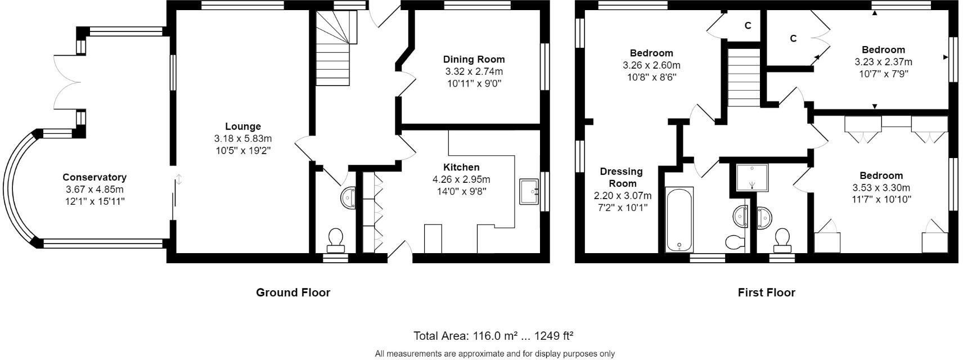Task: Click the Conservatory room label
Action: pos(94,177)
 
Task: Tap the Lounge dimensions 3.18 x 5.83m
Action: pos(242,138)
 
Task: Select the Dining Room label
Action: pos(474,59)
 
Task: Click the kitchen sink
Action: pos(529,191)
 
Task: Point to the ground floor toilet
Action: pos(336,240)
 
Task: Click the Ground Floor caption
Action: pos(293,292)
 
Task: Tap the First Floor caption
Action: pos(766,292)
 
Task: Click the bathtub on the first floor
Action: pos(679,219)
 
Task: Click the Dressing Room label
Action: pos(622,177)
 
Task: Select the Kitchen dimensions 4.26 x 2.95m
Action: pos(461,179)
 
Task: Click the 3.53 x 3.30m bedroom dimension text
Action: pos(881,188)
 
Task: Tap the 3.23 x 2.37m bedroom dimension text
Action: pos(883,62)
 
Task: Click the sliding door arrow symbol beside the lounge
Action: pos(179,180)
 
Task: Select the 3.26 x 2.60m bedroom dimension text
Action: pos(651,65)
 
